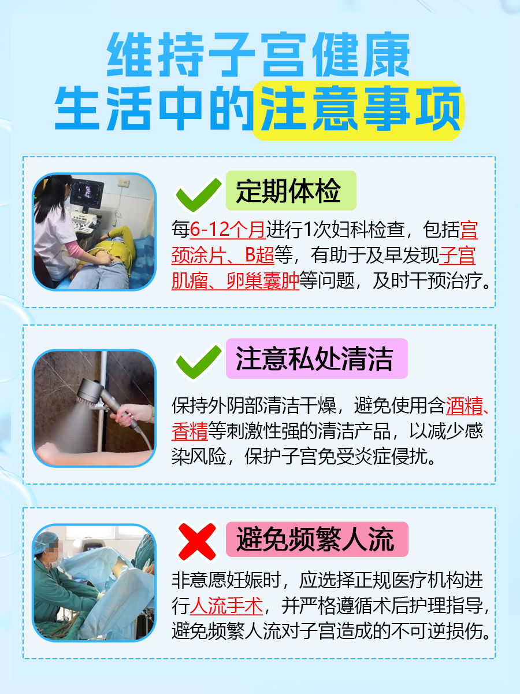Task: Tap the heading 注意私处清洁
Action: pos(314,359)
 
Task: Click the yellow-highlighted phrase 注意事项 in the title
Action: pos(359,110)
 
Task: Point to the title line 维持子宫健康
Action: pos(259,55)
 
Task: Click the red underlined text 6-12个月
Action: pos(228,230)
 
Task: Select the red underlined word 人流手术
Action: pos(226,606)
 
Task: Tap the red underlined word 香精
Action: pos(190,432)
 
